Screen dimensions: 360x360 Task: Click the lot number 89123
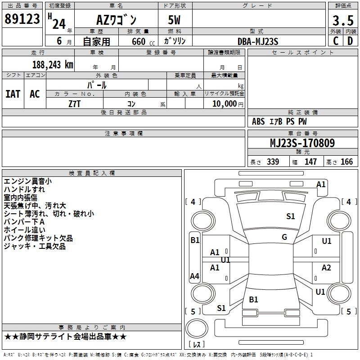click(x=22, y=19)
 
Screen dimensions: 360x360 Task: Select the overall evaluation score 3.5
click(x=342, y=20)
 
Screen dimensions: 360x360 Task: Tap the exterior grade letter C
click(x=335, y=41)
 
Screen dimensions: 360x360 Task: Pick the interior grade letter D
click(x=350, y=41)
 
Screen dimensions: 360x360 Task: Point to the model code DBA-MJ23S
click(x=258, y=41)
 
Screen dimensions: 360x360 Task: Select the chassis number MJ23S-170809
click(x=302, y=144)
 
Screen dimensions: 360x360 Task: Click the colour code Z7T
click(x=74, y=103)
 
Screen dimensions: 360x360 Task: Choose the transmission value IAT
click(x=13, y=94)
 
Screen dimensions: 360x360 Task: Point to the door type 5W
click(x=175, y=20)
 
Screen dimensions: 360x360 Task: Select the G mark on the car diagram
click(x=284, y=237)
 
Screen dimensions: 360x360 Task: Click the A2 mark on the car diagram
click(x=326, y=268)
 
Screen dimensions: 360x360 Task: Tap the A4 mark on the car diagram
click(x=194, y=276)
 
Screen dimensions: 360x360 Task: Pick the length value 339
click(x=273, y=162)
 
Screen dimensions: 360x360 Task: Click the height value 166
click(x=346, y=162)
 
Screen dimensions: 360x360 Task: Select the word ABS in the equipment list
click(x=258, y=121)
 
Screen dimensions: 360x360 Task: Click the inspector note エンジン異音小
click(x=27, y=181)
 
